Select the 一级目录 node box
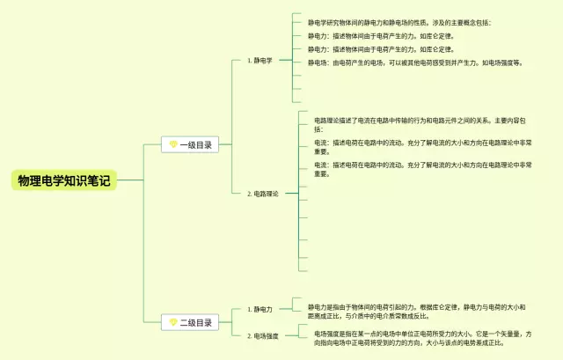(x=189, y=145)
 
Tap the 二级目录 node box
(x=189, y=323)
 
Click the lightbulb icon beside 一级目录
(x=173, y=145)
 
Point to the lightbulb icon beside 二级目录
(x=173, y=323)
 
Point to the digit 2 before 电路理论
(x=249, y=194)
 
